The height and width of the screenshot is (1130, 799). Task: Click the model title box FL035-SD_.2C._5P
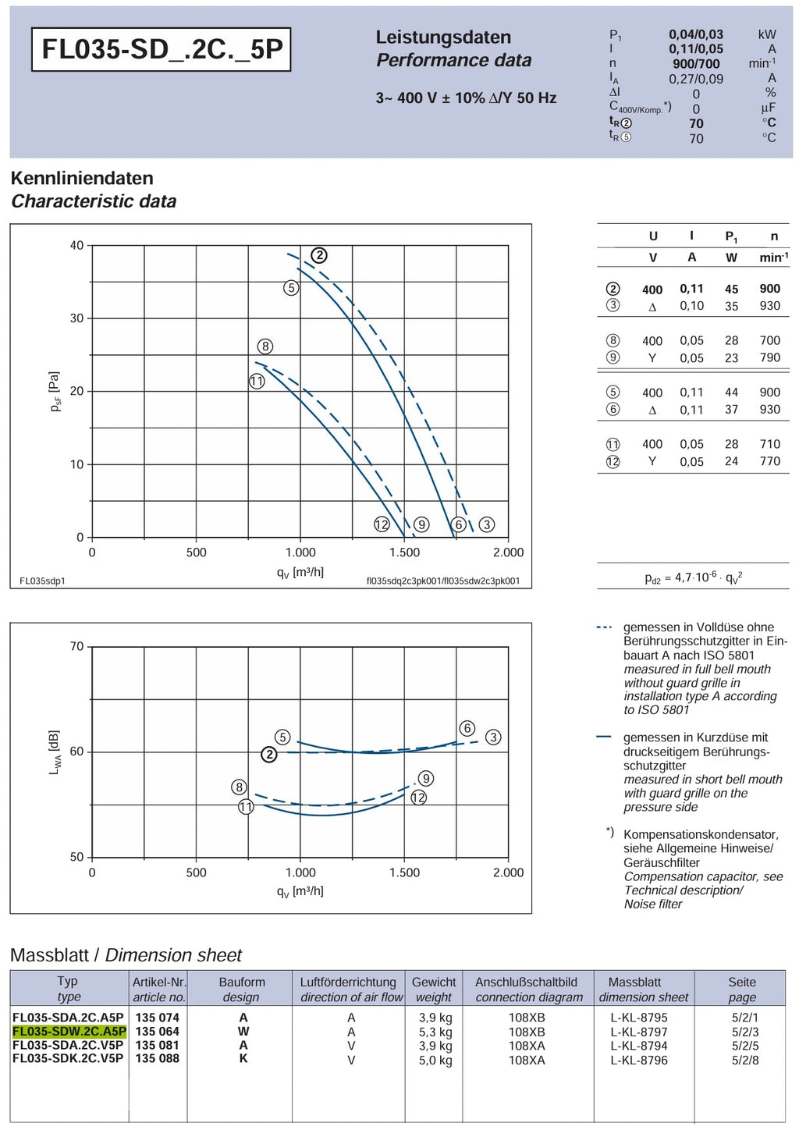pos(161,49)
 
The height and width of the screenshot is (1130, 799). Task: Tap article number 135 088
pos(158,1058)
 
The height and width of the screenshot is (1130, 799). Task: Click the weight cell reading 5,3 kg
pos(435,1032)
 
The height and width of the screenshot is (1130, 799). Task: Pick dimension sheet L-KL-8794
pos(638,1045)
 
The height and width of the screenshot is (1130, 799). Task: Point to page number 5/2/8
pos(745,1060)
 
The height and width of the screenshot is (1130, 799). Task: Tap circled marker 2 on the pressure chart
pos(319,256)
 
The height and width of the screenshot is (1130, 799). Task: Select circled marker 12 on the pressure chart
pos(382,524)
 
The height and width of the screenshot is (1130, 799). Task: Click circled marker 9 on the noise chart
pos(426,778)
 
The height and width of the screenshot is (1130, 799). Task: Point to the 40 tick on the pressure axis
pos(76,246)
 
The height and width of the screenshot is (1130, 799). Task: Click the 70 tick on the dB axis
pos(76,647)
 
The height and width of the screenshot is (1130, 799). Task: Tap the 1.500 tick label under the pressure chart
pos(404,553)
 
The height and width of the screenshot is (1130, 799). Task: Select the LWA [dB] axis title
pos(55,752)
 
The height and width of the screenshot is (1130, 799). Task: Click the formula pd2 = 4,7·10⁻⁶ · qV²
pos(694,577)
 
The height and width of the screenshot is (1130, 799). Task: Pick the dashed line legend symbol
pos(604,627)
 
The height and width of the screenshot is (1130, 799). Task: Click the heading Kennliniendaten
pos(82,178)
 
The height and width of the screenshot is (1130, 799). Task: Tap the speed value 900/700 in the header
pos(696,63)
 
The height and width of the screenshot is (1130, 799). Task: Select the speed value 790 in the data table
pos(770,357)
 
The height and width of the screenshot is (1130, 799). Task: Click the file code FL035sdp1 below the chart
pos(42,581)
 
